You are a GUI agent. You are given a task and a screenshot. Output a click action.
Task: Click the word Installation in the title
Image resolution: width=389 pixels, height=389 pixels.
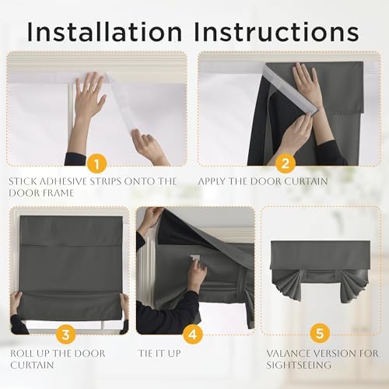pyautogui.click(x=104, y=32)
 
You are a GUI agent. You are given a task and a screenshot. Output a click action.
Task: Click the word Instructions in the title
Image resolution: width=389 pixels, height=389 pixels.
pyautogui.click(x=276, y=32)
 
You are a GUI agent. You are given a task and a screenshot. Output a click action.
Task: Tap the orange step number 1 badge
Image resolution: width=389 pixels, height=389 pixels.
pyautogui.click(x=96, y=163)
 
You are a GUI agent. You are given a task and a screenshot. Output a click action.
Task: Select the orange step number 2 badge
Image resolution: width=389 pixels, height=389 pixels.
pyautogui.click(x=286, y=163)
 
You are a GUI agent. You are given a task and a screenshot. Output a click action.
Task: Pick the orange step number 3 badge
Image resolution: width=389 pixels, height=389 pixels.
pyautogui.click(x=66, y=334)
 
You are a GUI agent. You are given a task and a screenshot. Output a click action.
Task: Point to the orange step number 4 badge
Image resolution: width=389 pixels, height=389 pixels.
pyautogui.click(x=193, y=334)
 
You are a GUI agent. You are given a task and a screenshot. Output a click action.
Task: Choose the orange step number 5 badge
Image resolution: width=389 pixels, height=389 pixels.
pyautogui.click(x=320, y=333)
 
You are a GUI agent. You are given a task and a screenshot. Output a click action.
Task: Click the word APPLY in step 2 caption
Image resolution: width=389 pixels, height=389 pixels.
pyautogui.click(x=212, y=181)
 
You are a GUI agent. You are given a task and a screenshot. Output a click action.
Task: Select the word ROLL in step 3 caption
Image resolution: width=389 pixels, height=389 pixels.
pyautogui.click(x=22, y=353)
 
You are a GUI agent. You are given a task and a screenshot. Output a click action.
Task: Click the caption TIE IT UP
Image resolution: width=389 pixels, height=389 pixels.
pyautogui.click(x=159, y=353)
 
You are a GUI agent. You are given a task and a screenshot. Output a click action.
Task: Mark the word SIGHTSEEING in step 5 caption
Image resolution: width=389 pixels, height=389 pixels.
pyautogui.click(x=299, y=365)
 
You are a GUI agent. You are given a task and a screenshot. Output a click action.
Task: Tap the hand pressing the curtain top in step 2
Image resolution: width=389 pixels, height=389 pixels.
pyautogui.click(x=307, y=83)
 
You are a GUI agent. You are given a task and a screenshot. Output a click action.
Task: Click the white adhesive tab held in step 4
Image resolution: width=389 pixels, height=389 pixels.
pyautogui.click(x=194, y=258)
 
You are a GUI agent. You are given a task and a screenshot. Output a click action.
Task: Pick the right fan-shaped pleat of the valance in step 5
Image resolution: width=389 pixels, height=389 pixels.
pyautogui.click(x=355, y=286)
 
